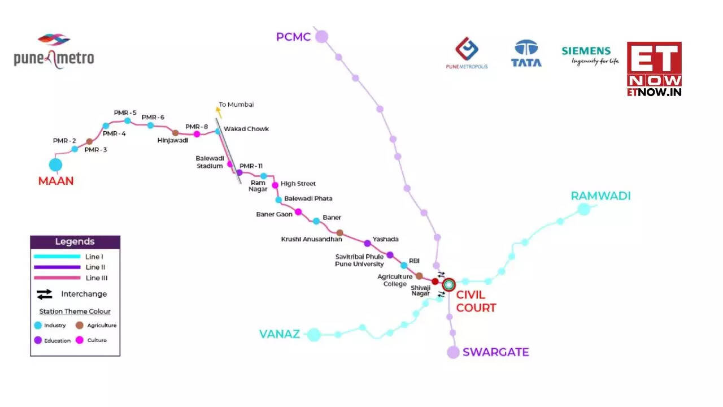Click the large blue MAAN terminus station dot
[55, 165]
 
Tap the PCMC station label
[293, 37]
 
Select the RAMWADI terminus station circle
[583, 209]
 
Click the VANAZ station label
[279, 334]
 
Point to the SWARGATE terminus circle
[453, 352]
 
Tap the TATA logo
[526, 54]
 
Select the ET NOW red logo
[654, 68]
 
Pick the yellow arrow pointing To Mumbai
[219, 111]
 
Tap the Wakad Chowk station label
[246, 129]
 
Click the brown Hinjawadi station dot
[176, 133]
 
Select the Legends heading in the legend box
[75, 242]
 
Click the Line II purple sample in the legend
[56, 267]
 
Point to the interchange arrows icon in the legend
[45, 294]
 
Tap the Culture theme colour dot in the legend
[79, 340]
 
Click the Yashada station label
[385, 239]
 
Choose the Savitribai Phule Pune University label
[359, 260]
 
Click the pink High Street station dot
[275, 185]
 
